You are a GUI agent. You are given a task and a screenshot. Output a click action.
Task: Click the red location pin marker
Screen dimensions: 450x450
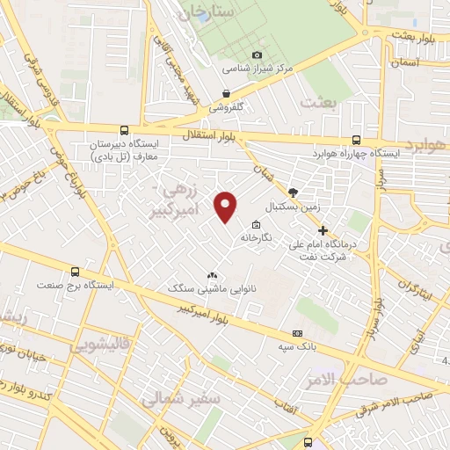(226, 206)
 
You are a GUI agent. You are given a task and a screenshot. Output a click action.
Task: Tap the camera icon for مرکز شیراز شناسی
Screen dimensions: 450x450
(258, 54)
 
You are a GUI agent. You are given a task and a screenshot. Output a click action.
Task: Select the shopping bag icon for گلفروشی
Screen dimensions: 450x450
(227, 93)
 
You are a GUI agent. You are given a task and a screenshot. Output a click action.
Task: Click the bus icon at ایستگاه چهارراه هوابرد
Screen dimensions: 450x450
(356, 139)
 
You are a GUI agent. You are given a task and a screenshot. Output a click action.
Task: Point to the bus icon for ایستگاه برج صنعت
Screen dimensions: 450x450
(75, 272)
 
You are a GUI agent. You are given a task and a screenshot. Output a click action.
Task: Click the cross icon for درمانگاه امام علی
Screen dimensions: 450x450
(323, 229)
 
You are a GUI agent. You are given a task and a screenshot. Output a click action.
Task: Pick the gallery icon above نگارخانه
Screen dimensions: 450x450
(256, 223)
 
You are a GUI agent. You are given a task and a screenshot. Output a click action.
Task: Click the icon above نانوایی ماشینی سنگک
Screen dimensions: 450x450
(211, 274)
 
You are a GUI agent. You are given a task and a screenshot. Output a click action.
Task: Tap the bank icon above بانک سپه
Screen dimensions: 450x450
(297, 333)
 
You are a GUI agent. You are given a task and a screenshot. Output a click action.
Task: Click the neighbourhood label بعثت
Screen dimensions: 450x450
(318, 102)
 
